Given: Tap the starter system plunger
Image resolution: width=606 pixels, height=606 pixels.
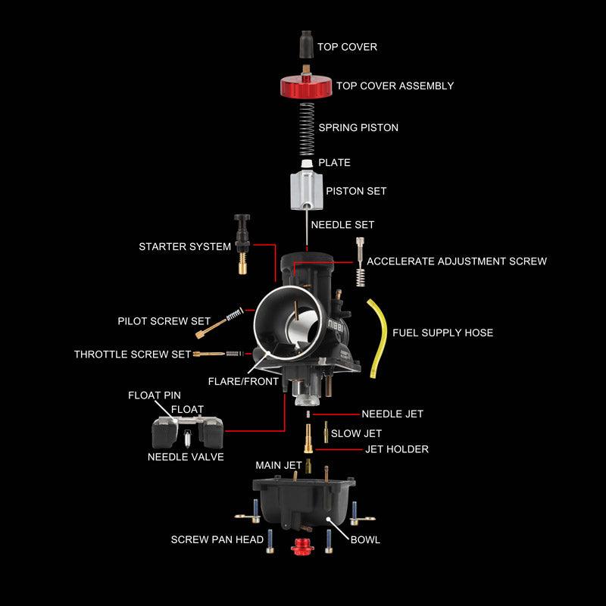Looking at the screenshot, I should coord(242,242).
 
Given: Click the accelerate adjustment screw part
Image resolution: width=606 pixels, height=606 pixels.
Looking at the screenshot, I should coord(360,261).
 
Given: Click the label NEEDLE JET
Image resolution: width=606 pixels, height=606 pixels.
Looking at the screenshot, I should coord(392,414).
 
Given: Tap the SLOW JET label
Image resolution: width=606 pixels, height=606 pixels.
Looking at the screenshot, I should coord(356,433).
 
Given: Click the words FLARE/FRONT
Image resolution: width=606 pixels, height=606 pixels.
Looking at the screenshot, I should coord(243,381).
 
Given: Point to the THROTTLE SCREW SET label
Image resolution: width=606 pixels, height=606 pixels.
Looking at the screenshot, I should coord(133,354).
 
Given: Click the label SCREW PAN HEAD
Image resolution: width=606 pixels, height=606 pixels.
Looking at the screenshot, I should coord(217,540).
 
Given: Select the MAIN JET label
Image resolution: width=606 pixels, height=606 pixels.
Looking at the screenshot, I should coord(279,464).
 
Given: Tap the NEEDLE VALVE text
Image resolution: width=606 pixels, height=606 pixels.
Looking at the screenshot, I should coord(186,457).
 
